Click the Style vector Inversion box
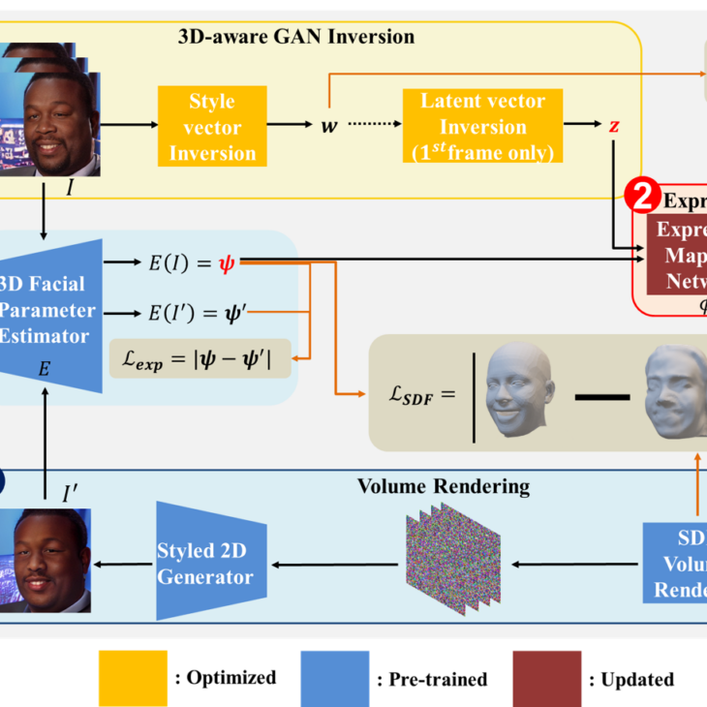point(212,127)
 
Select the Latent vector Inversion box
point(482,127)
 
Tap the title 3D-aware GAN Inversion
point(296,38)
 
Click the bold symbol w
point(329,126)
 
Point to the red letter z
point(614,126)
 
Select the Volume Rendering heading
point(444,485)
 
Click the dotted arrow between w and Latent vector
point(372,126)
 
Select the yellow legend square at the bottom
point(133,678)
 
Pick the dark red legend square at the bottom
point(547,678)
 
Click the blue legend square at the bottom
point(334,678)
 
